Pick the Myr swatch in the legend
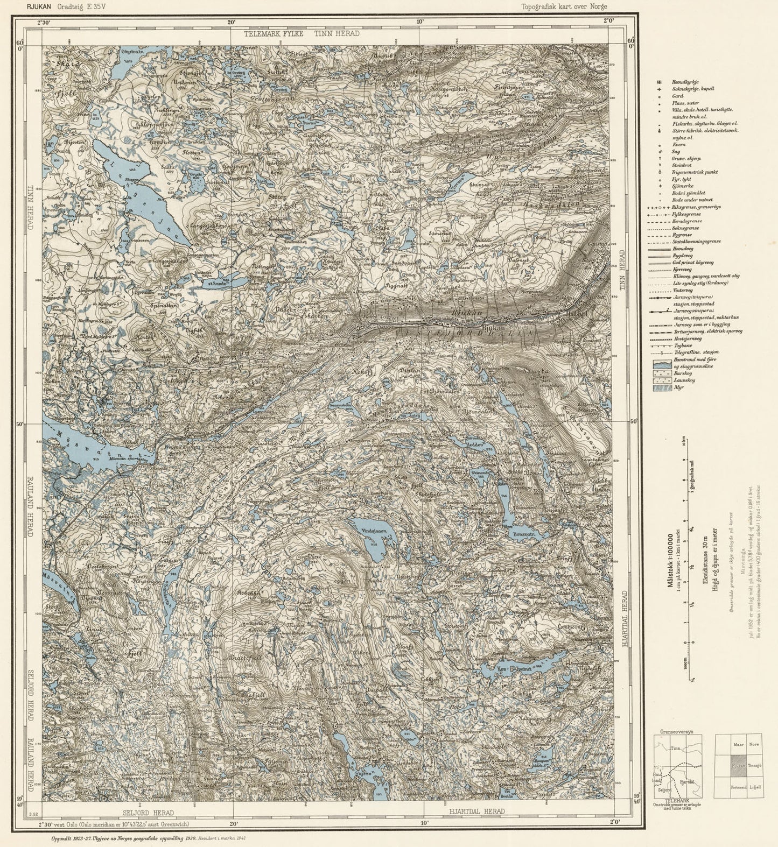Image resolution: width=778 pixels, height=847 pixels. click(x=661, y=387)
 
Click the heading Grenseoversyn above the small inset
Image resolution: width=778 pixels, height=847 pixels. click(x=678, y=733)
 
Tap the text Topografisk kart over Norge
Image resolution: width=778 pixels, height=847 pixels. click(x=567, y=7)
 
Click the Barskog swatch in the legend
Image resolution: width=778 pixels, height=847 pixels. click(x=661, y=372)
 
